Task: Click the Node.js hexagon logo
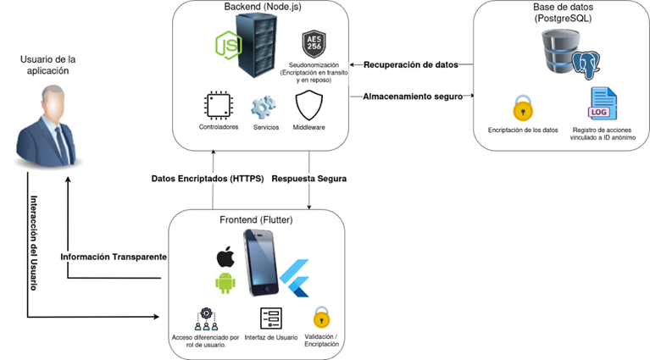pos(227,46)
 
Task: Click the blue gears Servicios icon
pos(264,107)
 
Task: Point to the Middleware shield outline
pos(308,106)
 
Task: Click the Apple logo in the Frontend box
pos(225,256)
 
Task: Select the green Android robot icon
pos(225,283)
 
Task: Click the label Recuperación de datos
pos(411,64)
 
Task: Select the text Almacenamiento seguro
pos(412,97)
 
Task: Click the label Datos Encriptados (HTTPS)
pos(207,179)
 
